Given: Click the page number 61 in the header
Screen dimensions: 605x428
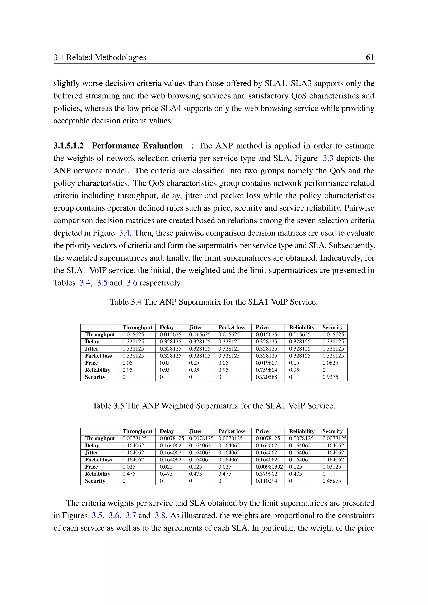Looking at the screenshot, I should click(x=370, y=57).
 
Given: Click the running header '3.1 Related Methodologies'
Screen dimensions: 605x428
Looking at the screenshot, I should click(x=100, y=57).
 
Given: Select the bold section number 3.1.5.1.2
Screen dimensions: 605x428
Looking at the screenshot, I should click(x=69, y=146).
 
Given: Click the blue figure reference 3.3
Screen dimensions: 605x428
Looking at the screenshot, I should click(x=328, y=158).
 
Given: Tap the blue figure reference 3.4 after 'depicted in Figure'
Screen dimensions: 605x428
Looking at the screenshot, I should click(x=124, y=233).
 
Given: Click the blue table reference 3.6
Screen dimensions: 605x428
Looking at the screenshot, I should click(x=132, y=283).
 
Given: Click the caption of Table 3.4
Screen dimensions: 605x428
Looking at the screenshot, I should click(x=214, y=302).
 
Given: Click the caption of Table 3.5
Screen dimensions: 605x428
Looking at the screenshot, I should click(x=214, y=405).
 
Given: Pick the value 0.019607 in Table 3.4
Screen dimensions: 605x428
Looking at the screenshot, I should click(x=266, y=363).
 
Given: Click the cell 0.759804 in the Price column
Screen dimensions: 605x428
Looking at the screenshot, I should click(x=266, y=370).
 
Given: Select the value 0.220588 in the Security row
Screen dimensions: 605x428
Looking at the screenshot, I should click(x=266, y=377).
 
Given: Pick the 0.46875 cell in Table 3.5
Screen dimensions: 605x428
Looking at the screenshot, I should click(x=331, y=481).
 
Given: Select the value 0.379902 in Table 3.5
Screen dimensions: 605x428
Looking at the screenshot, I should click(x=266, y=474).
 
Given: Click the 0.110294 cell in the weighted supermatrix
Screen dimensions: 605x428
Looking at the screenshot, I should click(x=266, y=481).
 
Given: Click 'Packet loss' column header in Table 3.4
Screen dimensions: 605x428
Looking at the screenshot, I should click(x=231, y=328).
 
